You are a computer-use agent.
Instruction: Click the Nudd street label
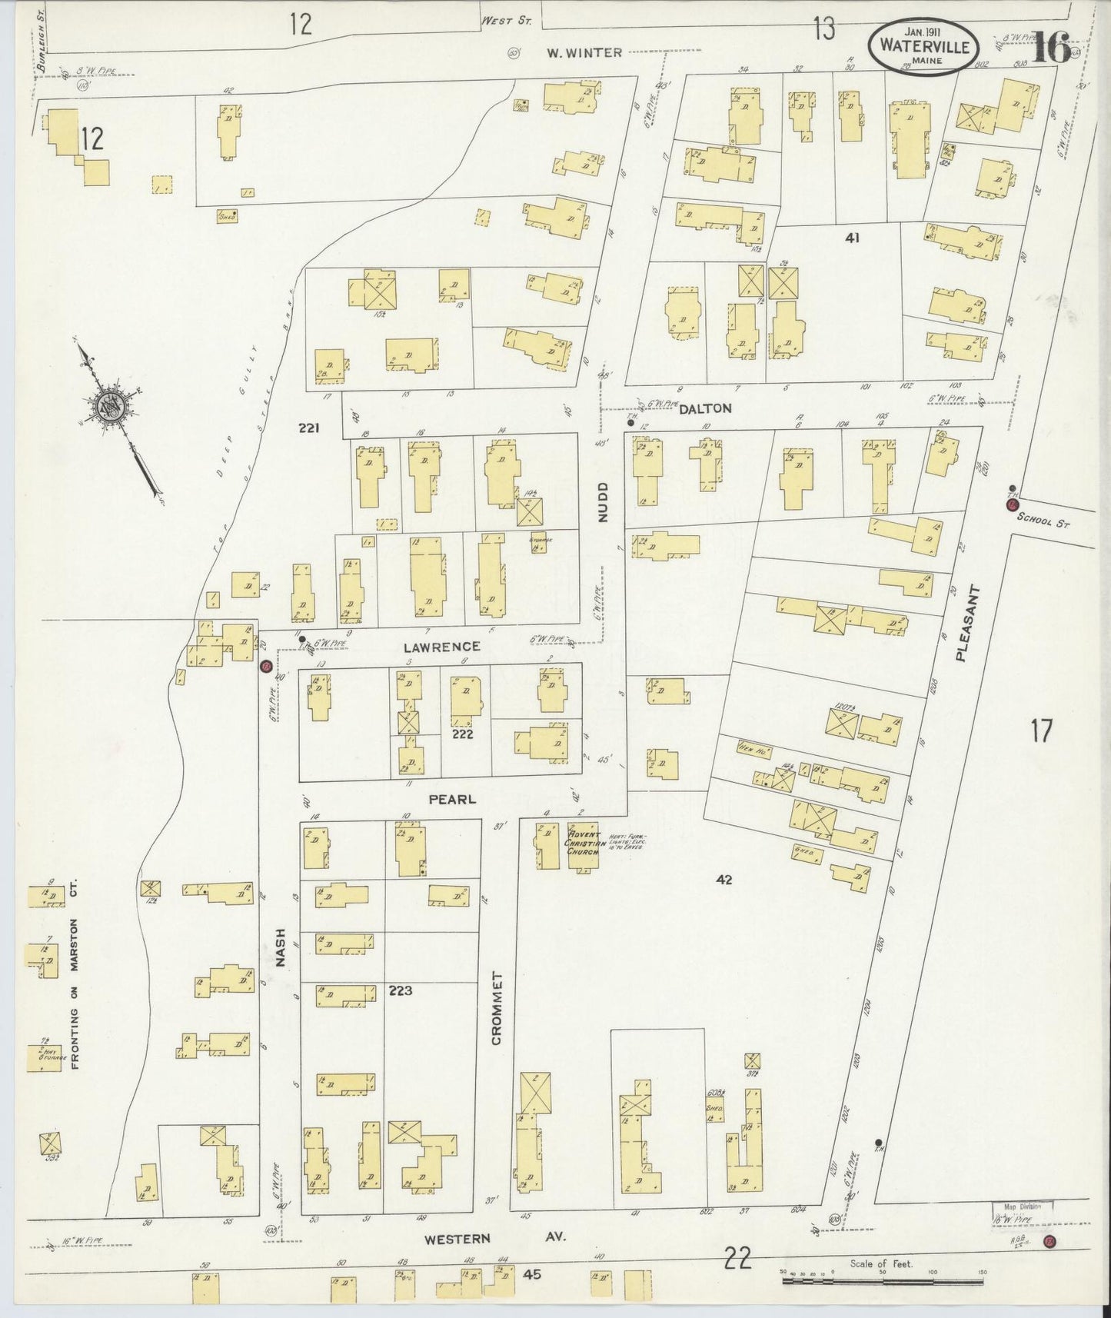(602, 502)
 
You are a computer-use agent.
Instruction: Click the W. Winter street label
(584, 52)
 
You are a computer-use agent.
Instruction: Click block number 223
(401, 990)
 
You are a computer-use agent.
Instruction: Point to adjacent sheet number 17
(1040, 731)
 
